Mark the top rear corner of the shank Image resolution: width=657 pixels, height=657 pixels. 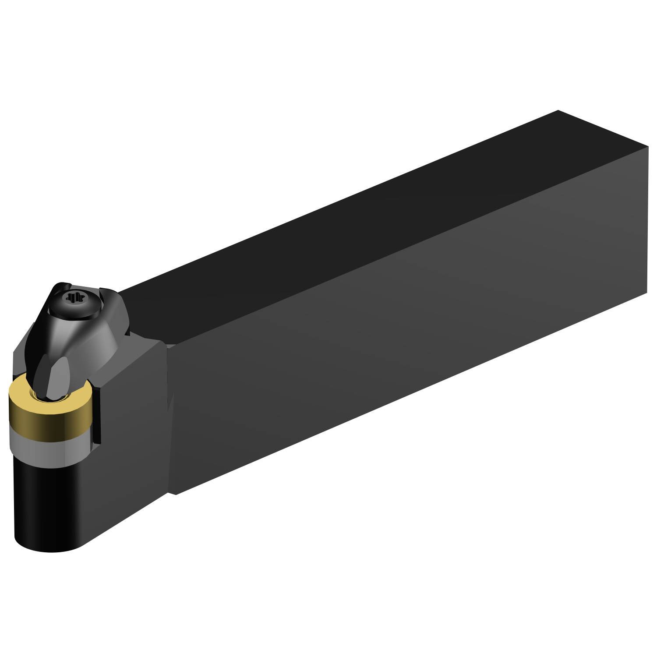click(x=558, y=110)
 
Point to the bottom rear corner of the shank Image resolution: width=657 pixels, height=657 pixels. click(x=647, y=293)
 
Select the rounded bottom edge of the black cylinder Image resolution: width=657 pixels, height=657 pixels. click(x=48, y=550)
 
